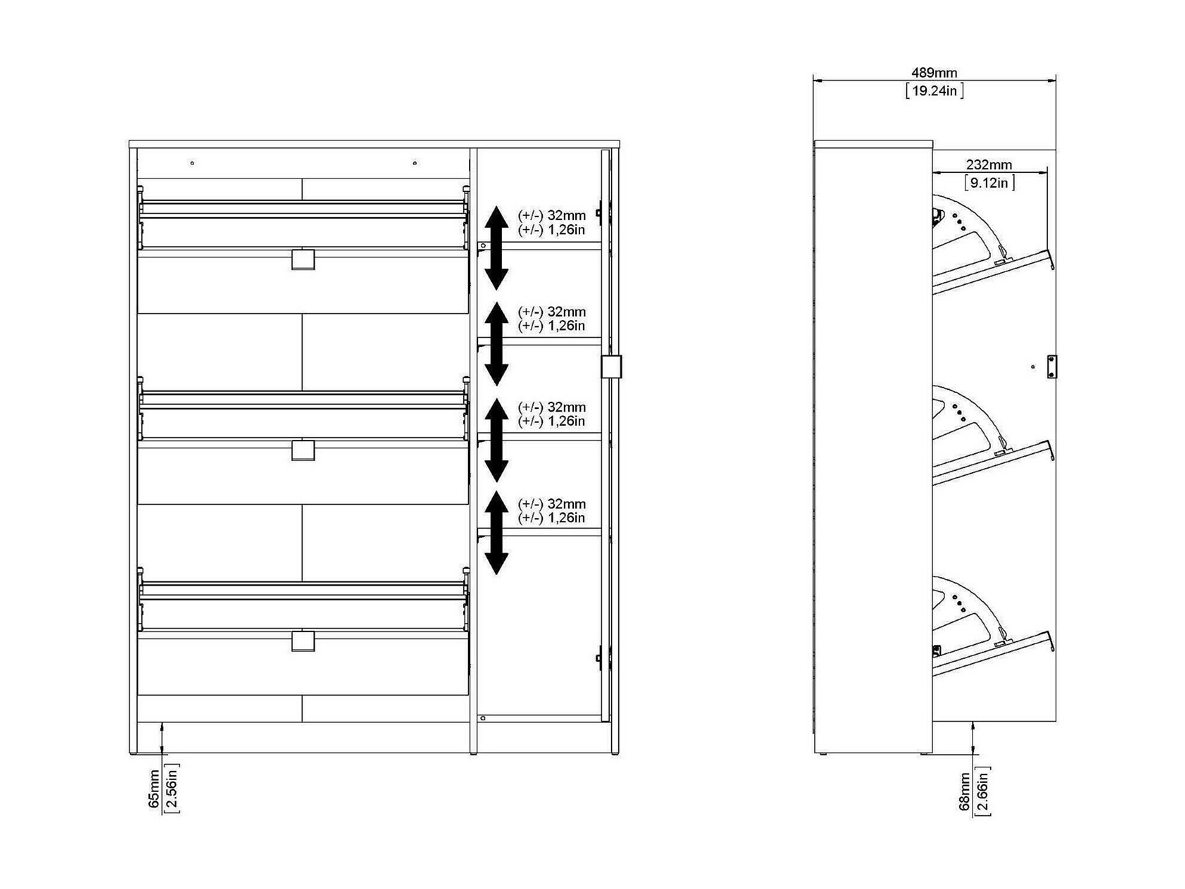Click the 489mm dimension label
pyautogui.click(x=934, y=73)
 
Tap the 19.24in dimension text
pyautogui.click(x=934, y=91)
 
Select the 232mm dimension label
pyautogui.click(x=989, y=165)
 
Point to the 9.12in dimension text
pyautogui.click(x=989, y=182)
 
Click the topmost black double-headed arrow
pyautogui.click(x=496, y=247)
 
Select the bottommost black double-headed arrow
pyautogui.click(x=496, y=532)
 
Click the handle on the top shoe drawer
pyautogui.click(x=303, y=259)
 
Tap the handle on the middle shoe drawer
pyautogui.click(x=303, y=450)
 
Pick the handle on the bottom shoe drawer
pyautogui.click(x=303, y=641)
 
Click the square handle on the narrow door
pyautogui.click(x=611, y=367)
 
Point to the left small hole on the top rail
pyautogui.click(x=192, y=163)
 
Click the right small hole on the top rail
pyautogui.click(x=415, y=163)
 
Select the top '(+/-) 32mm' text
pyautogui.click(x=551, y=215)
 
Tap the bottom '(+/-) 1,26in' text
pyautogui.click(x=551, y=518)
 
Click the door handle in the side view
pyautogui.click(x=1052, y=367)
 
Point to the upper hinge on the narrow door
pyautogui.click(x=599, y=213)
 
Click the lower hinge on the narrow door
pyautogui.click(x=599, y=658)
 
